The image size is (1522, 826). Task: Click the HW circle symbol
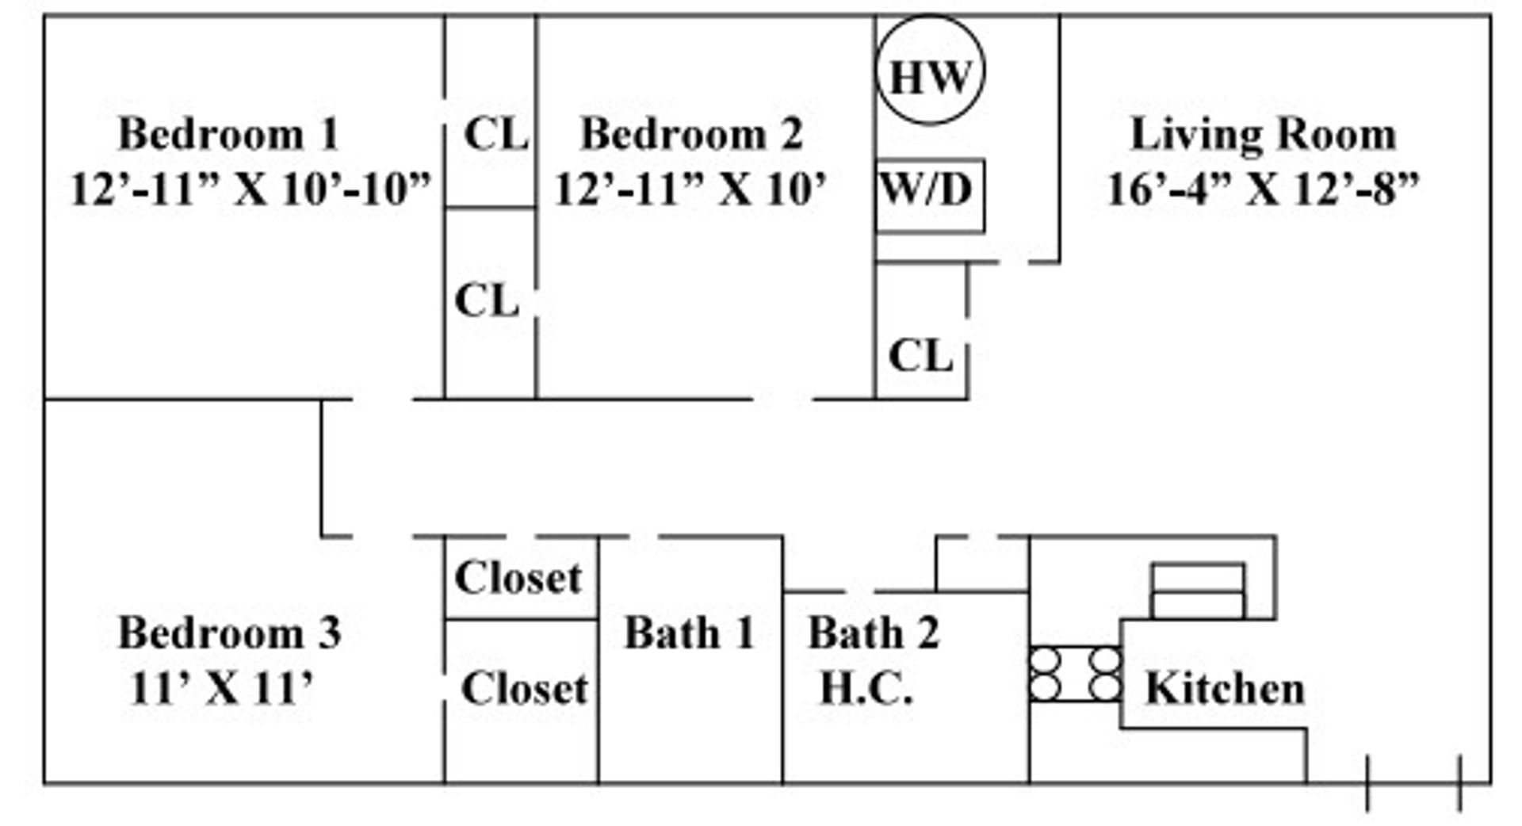click(x=930, y=71)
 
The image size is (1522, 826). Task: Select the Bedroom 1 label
click(x=228, y=133)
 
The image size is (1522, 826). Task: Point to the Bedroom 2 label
click(x=691, y=133)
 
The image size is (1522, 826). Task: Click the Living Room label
click(x=1263, y=133)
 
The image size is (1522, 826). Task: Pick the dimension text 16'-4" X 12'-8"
click(x=1263, y=189)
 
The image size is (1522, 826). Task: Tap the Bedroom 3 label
click(x=230, y=633)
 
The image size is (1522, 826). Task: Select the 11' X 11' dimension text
click(x=222, y=687)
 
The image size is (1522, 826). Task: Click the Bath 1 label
click(x=689, y=633)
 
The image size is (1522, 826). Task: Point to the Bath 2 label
click(x=874, y=633)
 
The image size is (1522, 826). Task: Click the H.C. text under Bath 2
click(x=866, y=687)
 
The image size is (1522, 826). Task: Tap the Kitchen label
click(x=1225, y=688)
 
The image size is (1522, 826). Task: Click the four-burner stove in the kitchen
click(x=1075, y=674)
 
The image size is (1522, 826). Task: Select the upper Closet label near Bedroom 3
click(x=518, y=577)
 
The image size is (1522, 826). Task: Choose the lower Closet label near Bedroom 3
click(x=525, y=687)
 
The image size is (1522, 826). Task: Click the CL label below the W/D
click(x=920, y=355)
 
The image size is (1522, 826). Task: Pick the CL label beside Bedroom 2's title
click(x=496, y=133)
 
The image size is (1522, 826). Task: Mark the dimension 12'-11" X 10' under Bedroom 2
click(x=690, y=189)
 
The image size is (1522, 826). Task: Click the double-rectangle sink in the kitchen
click(x=1198, y=591)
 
